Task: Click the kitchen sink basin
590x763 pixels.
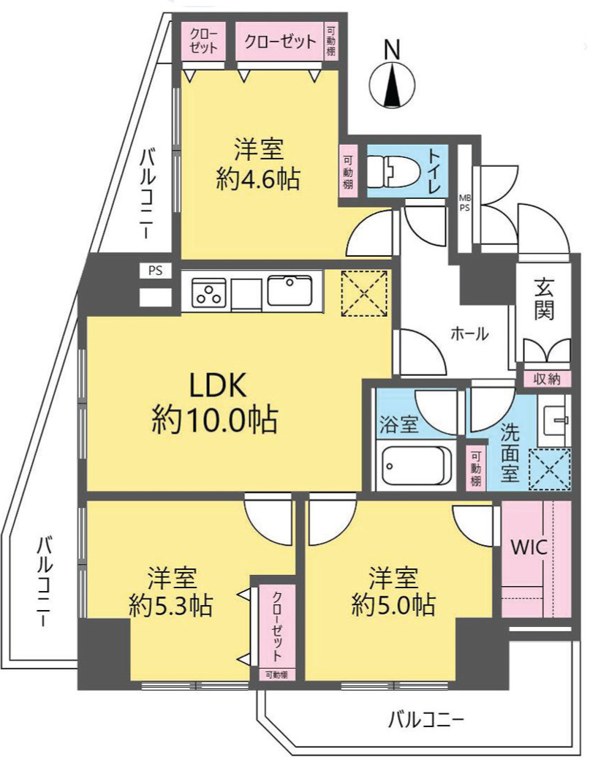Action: (290, 291)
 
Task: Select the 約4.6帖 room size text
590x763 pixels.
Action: (257, 180)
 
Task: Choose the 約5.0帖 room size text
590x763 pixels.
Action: (393, 604)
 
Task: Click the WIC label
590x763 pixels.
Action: (529, 548)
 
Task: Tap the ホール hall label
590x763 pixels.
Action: (469, 334)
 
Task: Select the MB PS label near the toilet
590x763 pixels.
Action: (464, 202)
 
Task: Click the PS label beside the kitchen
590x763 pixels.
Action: (155, 270)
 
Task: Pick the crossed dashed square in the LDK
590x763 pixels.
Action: (364, 293)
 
